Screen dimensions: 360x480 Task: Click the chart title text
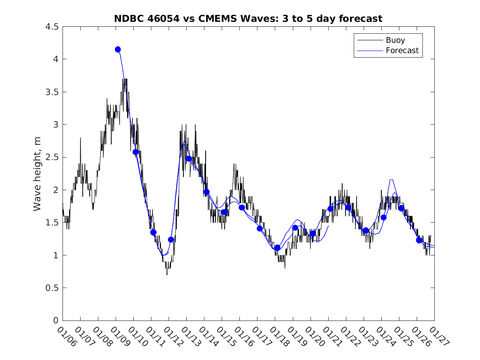[x=248, y=19]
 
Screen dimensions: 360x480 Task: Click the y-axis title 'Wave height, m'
[x=37, y=174]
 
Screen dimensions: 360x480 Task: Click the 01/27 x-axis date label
[x=439, y=337]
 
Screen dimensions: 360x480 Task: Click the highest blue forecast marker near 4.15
[x=118, y=49]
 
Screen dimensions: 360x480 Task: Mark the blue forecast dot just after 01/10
[x=136, y=152]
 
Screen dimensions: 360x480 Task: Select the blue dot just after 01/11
[x=153, y=232]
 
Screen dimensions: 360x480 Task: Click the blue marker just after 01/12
[x=171, y=239]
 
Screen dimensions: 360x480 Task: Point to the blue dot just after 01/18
[x=277, y=248]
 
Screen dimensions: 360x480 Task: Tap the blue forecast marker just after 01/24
[x=383, y=217]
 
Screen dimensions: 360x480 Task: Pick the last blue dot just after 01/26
[x=419, y=240]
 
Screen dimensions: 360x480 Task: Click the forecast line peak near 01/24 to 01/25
[x=391, y=180]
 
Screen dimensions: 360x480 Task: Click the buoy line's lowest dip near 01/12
[x=167, y=274]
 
